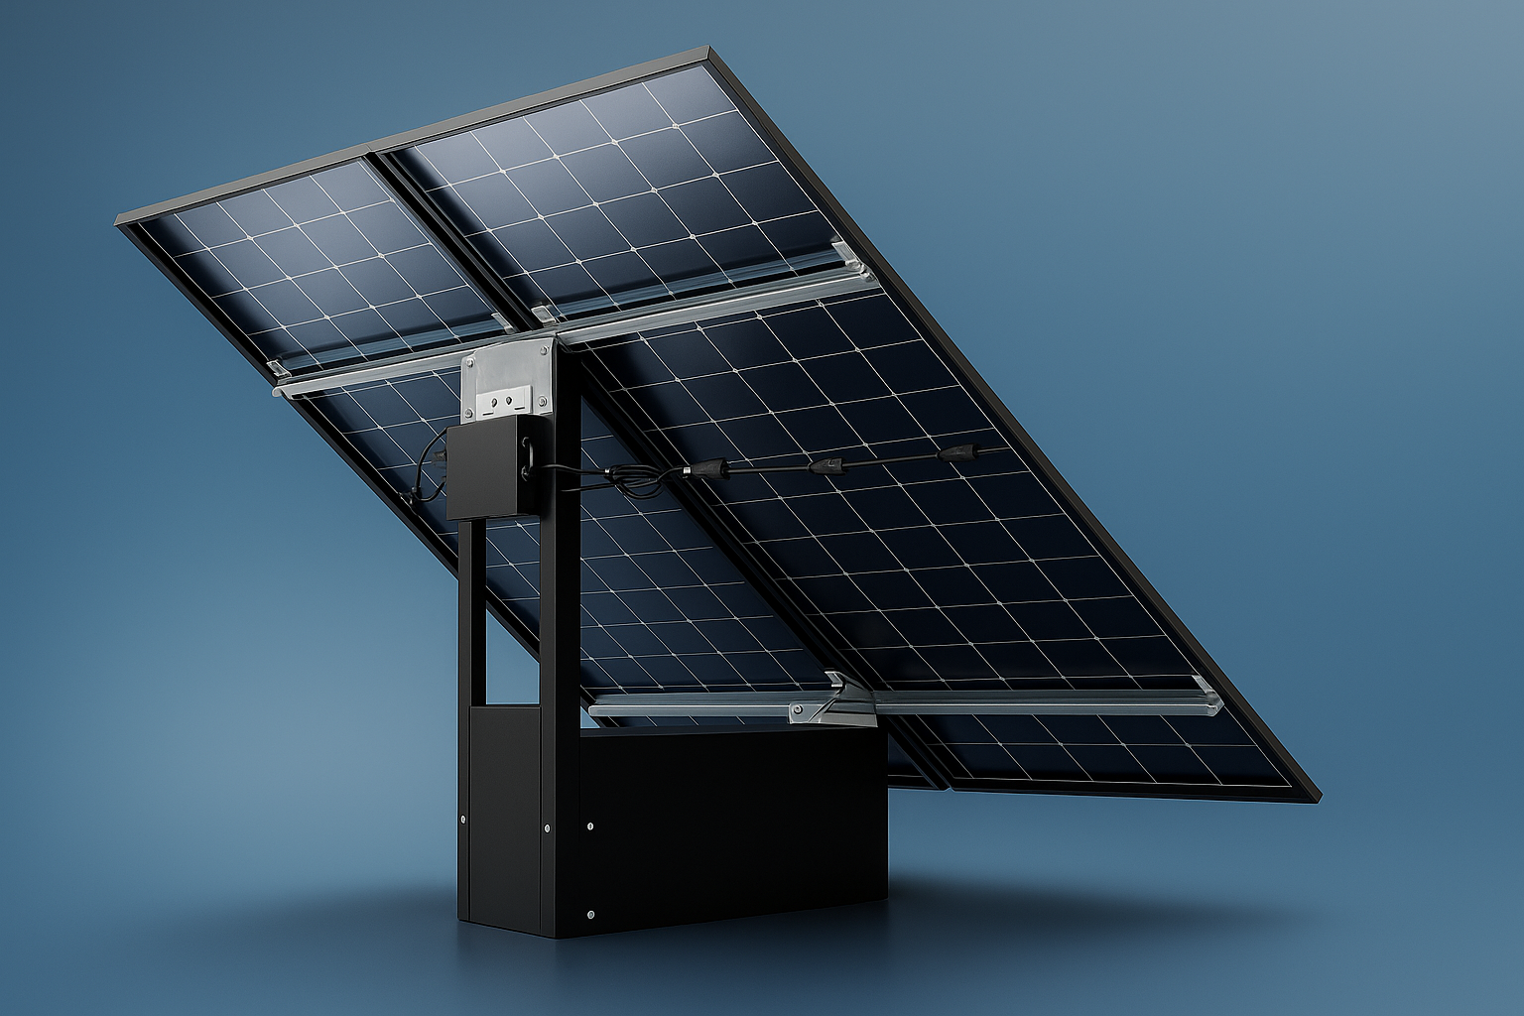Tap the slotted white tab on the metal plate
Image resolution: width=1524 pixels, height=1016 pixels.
tap(508, 402)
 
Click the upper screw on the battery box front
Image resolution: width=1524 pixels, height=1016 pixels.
tap(591, 824)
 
